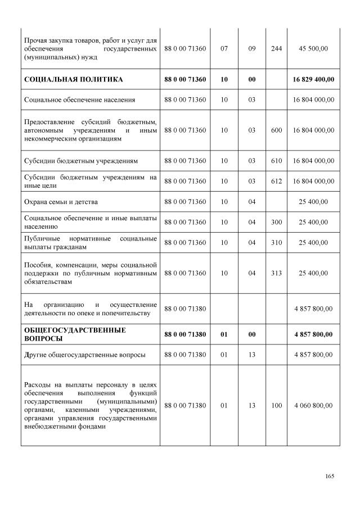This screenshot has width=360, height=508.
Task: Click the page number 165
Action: [x=330, y=477]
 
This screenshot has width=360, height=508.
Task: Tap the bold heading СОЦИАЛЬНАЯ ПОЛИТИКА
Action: [x=74, y=79]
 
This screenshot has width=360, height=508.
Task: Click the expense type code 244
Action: [x=276, y=49]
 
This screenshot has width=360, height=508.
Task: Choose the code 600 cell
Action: [x=276, y=130]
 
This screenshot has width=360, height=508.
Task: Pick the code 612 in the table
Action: [x=276, y=181]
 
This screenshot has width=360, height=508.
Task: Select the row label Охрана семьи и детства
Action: [x=62, y=201]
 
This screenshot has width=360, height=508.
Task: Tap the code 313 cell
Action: [x=276, y=273]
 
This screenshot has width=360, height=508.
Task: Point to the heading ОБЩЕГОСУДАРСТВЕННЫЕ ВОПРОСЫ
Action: [x=75, y=334]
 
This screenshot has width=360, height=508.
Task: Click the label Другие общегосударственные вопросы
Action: [x=85, y=355]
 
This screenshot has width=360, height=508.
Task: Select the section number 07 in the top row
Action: [x=224, y=49]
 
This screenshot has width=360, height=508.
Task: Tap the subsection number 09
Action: [x=251, y=49]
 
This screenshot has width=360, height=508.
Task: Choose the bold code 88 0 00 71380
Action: [x=185, y=334]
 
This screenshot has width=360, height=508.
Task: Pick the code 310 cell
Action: [x=276, y=242]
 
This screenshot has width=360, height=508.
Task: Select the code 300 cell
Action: [x=276, y=222]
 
